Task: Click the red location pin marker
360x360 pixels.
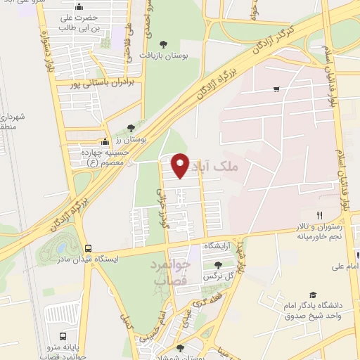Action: pyautogui.click(x=181, y=165)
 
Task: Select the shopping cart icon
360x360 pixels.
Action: pyautogui.click(x=277, y=89)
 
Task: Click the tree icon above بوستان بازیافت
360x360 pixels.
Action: pyautogui.click(x=164, y=44)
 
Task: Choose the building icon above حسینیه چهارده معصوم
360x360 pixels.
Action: pyautogui.click(x=105, y=141)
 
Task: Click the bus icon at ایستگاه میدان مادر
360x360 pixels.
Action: pyautogui.click(x=88, y=248)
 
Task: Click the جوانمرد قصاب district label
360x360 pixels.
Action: pyautogui.click(x=169, y=271)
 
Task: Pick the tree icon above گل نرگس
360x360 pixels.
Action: pyautogui.click(x=218, y=265)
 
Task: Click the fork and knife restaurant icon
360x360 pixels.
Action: pyautogui.click(x=319, y=215)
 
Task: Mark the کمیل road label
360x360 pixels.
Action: pyautogui.click(x=126, y=326)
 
